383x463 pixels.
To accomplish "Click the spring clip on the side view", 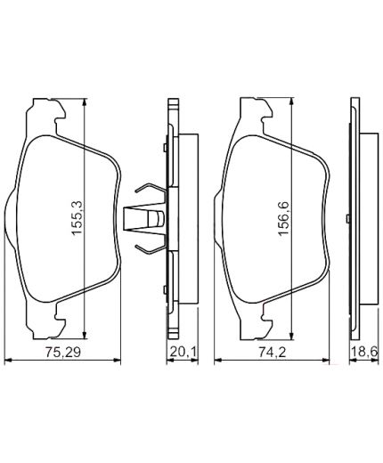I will point(147,216).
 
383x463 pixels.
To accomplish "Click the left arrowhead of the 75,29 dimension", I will point(9,361).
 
